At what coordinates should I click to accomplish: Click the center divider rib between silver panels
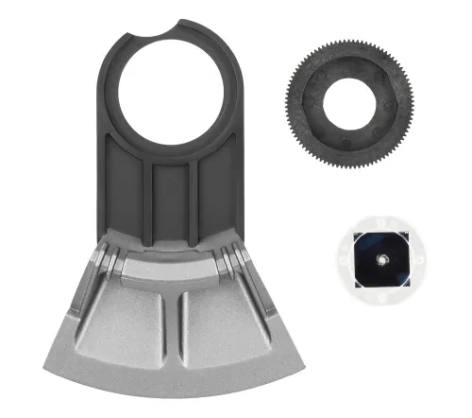click(172, 331)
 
